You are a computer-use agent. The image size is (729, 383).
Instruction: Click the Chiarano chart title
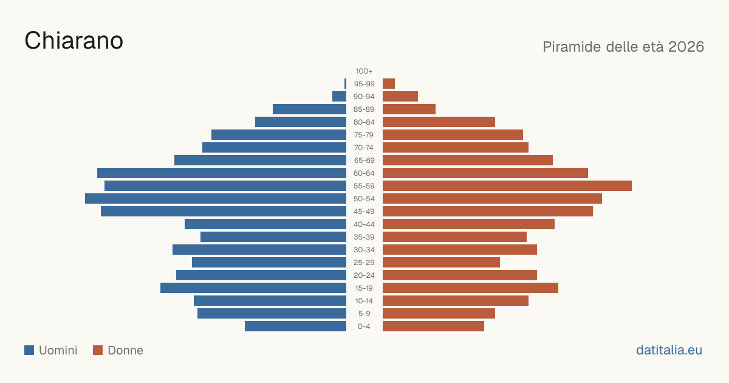[x=74, y=41]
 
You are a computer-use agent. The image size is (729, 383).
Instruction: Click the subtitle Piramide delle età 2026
[x=623, y=47]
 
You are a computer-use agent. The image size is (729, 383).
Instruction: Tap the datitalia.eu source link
[x=669, y=350]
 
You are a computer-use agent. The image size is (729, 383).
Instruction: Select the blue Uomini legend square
[x=29, y=350]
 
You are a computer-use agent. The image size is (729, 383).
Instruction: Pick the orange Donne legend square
[x=98, y=350]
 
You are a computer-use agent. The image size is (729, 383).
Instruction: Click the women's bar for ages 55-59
[x=507, y=185]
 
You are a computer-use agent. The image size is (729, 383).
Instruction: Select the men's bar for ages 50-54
[x=216, y=199]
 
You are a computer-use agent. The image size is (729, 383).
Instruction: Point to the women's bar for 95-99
[x=389, y=84]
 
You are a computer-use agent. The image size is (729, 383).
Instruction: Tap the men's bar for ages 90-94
[x=339, y=97]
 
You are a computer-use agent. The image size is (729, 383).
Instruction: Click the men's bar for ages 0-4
[x=295, y=326]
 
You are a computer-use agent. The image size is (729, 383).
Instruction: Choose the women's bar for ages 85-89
[x=409, y=109]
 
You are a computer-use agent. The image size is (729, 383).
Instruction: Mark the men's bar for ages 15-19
[x=253, y=288]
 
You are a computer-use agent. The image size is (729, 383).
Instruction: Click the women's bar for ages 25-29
[x=441, y=263]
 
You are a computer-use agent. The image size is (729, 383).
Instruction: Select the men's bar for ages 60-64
[x=222, y=173]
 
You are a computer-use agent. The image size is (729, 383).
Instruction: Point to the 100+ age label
[x=364, y=71]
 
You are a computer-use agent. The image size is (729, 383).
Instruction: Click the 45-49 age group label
[x=364, y=212]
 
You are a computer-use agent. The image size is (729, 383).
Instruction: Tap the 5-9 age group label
[x=364, y=314]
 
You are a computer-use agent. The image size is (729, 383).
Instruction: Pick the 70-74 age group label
[x=363, y=148]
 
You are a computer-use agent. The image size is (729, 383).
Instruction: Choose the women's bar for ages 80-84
[x=439, y=122]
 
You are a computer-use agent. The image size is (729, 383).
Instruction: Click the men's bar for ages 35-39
[x=273, y=236]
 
